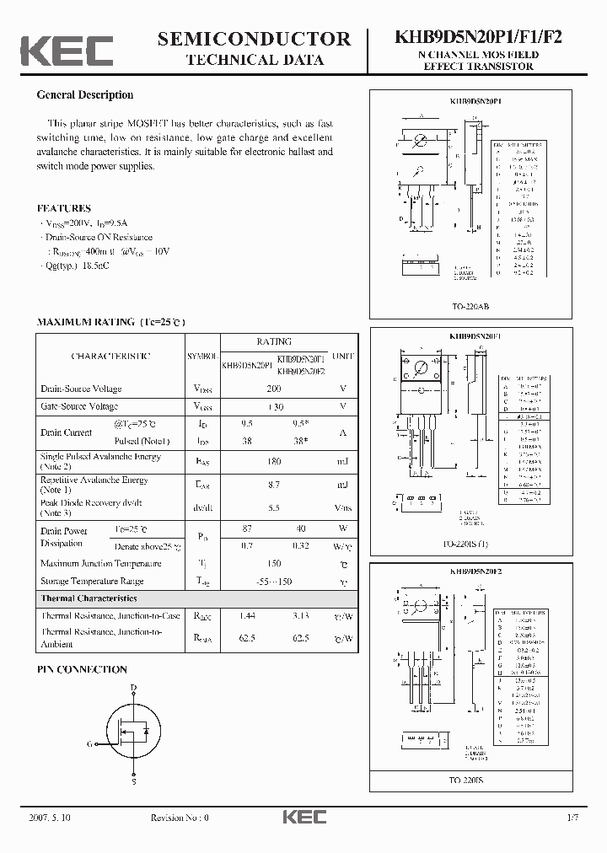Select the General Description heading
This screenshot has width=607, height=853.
(85, 95)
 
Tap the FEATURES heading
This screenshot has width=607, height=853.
(64, 208)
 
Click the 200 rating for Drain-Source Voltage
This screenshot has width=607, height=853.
(273, 389)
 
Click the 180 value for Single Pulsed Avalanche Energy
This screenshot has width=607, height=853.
(273, 461)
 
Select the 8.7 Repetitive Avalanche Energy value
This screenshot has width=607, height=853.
(273, 485)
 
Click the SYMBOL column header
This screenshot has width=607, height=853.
(202, 357)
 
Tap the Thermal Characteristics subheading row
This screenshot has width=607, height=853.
(89, 598)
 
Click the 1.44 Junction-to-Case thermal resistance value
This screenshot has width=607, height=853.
(247, 616)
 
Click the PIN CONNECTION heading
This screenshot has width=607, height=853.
(82, 669)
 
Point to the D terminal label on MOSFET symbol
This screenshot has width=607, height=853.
(133, 689)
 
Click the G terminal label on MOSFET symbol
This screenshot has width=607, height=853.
(89, 744)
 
